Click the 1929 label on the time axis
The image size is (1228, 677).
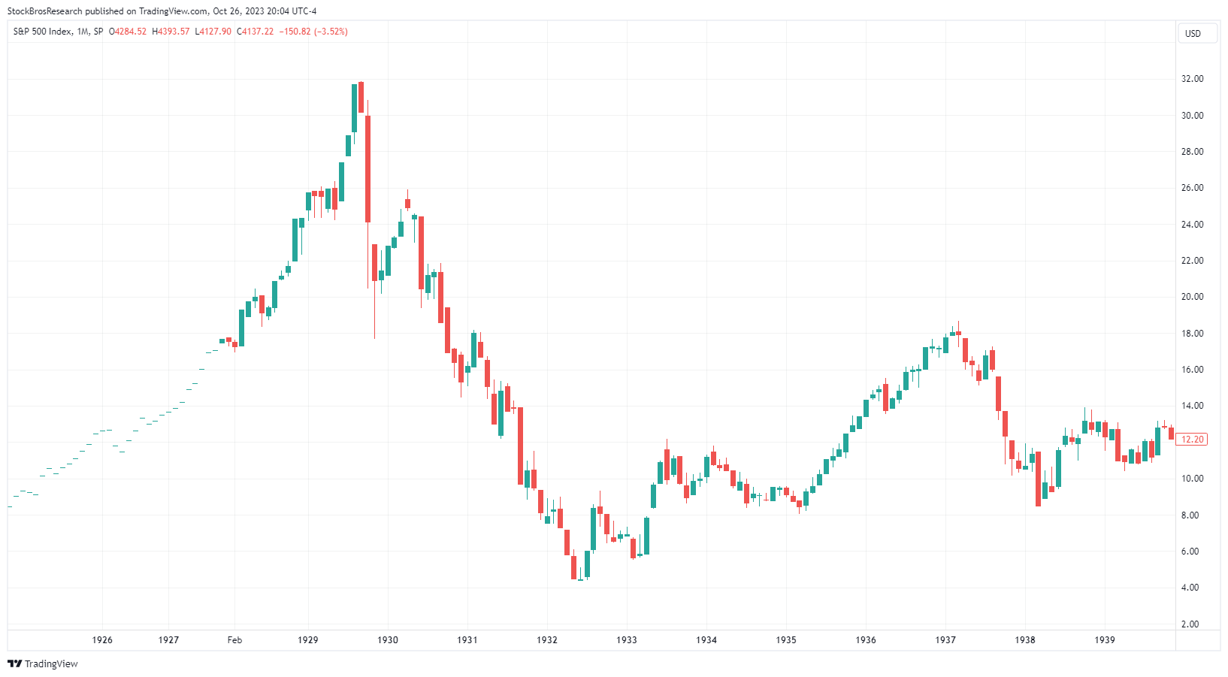coord(307,640)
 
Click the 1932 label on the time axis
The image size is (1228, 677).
coord(547,640)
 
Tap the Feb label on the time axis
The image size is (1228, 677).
coord(234,640)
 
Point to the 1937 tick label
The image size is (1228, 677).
coord(945,640)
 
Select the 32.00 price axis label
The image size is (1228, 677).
coord(1192,79)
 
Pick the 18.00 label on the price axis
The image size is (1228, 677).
coord(1192,334)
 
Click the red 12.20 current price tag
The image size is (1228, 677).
coord(1193,440)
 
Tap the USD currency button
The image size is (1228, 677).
coord(1193,34)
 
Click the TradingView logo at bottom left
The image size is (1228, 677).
coord(43,663)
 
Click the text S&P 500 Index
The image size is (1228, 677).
coord(43,32)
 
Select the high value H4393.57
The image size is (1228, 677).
coord(171,32)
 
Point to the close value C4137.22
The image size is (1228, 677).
coord(256,32)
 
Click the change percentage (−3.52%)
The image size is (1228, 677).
coord(331,32)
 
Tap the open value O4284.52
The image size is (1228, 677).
coord(128,32)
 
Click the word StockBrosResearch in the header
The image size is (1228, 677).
coord(44,11)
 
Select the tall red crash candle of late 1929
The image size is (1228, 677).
coord(367,169)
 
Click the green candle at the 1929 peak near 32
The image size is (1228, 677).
coord(354,108)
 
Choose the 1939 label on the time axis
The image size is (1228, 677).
coord(1105,640)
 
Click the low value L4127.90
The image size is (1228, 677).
coord(213,32)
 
